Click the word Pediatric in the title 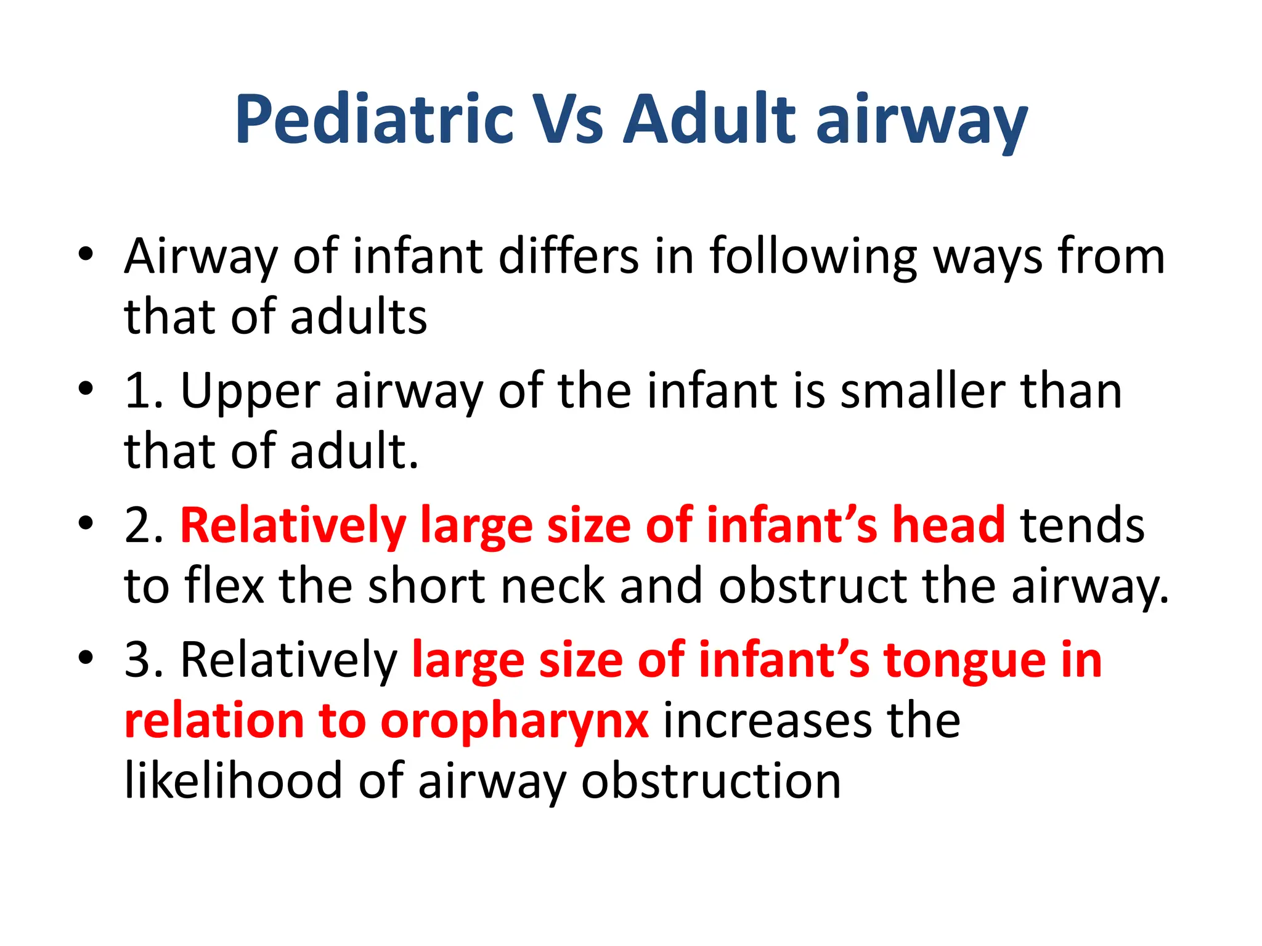click(374, 119)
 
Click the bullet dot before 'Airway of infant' click(86, 254)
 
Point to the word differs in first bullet click(569, 256)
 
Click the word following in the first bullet click(813, 256)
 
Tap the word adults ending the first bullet click(359, 317)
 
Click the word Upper click(250, 392)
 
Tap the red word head click(949, 525)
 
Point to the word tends click(1082, 525)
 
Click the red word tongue click(965, 661)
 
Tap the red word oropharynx click(515, 722)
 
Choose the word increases click(767, 721)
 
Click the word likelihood click(233, 781)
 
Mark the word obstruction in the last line click(711, 781)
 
